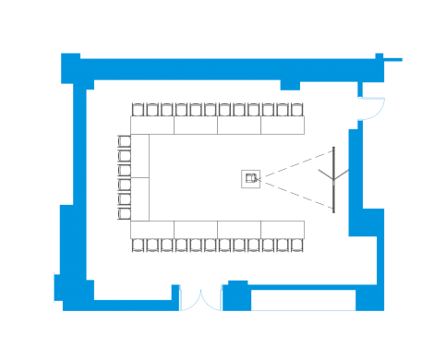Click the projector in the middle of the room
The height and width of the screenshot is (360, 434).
250,178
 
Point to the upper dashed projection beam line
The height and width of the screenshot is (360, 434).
295,162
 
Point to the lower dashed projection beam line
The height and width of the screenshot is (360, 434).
295,194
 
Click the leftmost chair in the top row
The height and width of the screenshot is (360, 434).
138,110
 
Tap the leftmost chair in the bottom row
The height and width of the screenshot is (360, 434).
138,246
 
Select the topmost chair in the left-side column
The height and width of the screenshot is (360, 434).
124,141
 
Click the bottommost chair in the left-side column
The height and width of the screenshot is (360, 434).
124,214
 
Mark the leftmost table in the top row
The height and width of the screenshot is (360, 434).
152,126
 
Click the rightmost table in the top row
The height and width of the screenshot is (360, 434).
283,126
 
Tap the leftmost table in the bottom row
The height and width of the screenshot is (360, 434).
152,229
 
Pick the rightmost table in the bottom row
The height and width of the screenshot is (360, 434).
283,229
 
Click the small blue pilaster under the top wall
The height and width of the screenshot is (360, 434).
290,85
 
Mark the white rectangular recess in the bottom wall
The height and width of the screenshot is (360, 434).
303,301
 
